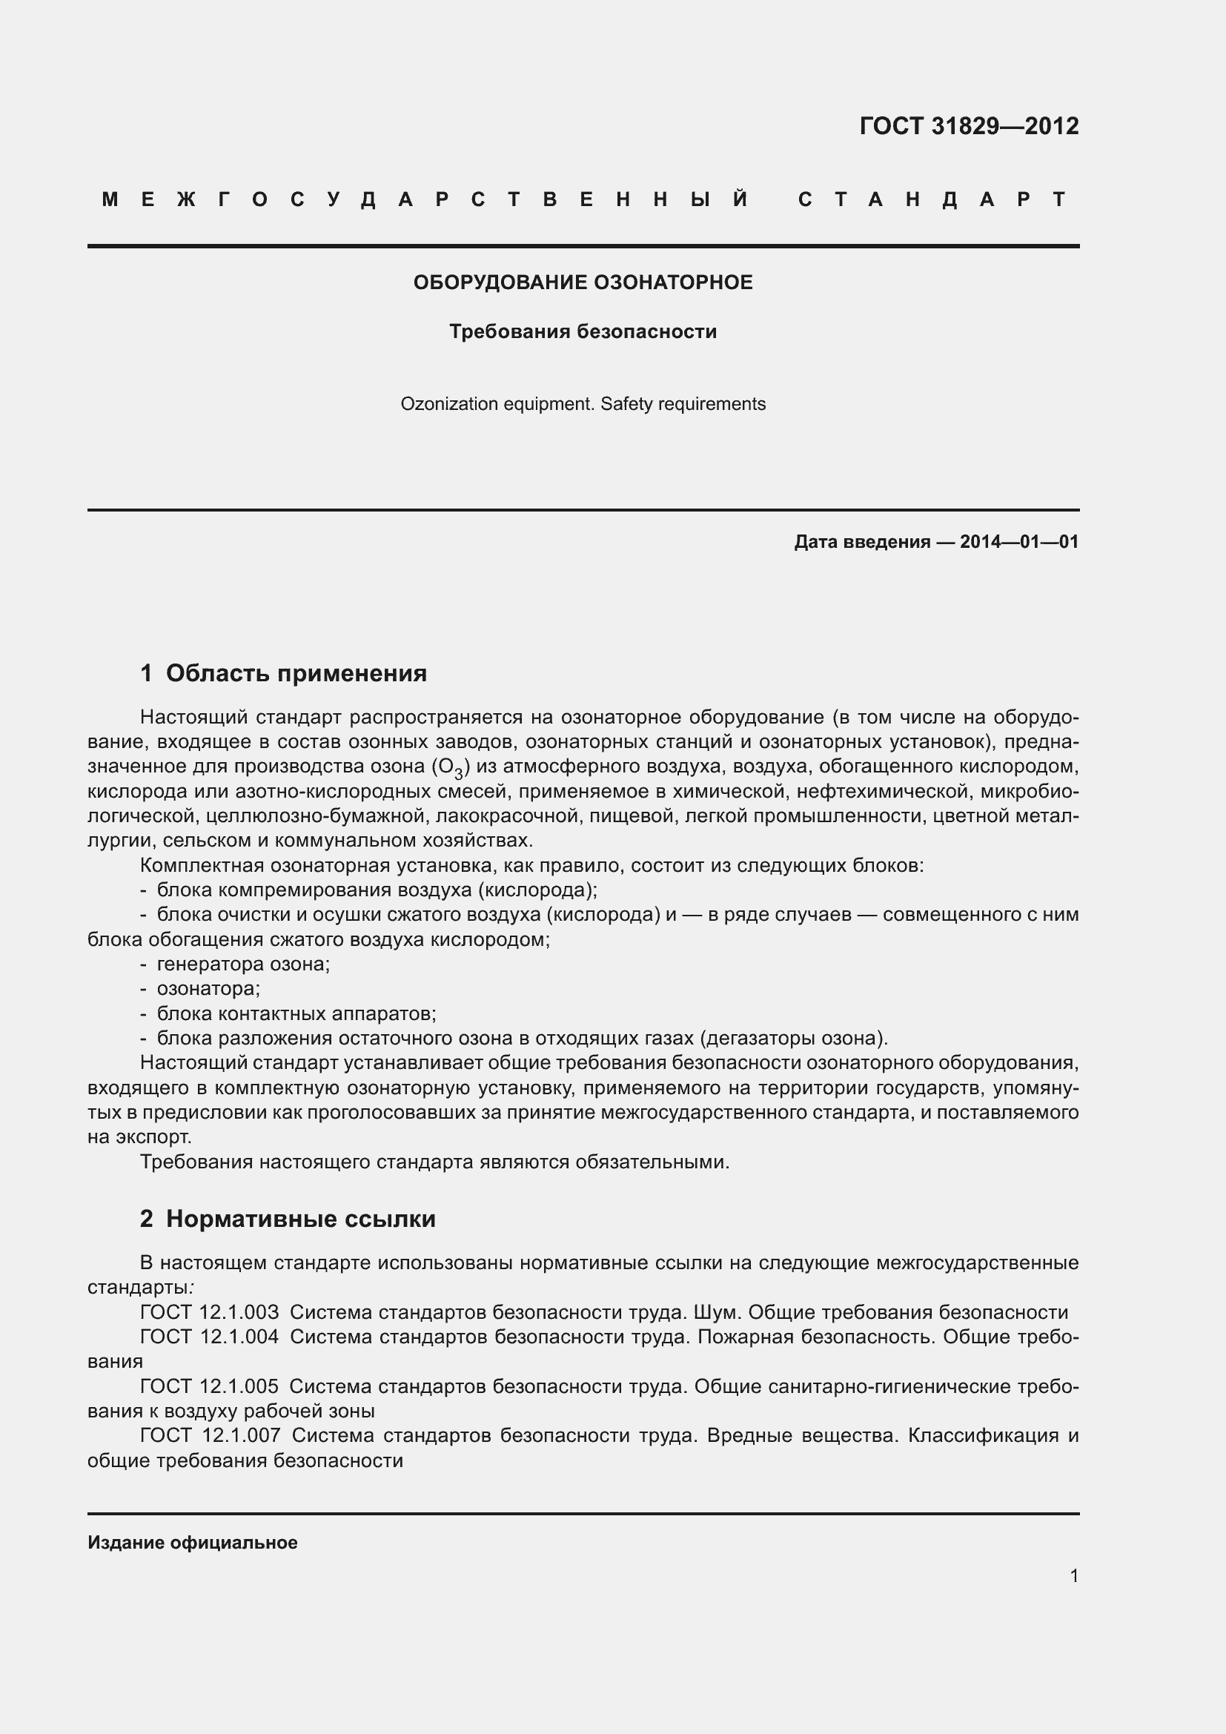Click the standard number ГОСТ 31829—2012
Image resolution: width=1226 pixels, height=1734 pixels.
click(969, 125)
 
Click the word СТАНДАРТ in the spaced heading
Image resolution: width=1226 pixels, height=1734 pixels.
click(933, 199)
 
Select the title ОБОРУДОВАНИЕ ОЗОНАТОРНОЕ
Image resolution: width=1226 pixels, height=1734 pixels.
click(583, 282)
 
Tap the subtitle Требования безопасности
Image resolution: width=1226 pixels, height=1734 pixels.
click(583, 331)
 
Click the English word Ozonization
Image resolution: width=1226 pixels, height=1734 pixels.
click(443, 404)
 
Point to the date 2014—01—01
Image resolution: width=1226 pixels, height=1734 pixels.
click(1018, 541)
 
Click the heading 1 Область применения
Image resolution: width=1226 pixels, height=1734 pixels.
click(284, 672)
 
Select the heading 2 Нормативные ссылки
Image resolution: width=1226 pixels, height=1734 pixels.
click(288, 1218)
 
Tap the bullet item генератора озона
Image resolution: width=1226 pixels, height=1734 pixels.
click(243, 964)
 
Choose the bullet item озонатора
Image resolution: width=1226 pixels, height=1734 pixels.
click(208, 989)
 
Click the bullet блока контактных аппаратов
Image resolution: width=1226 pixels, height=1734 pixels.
click(296, 1013)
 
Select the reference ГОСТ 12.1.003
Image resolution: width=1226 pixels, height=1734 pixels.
click(209, 1312)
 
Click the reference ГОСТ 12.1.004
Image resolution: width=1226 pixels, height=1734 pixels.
click(209, 1337)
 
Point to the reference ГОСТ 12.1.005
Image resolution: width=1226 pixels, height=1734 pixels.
click(209, 1386)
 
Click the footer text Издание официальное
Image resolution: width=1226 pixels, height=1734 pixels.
click(193, 1543)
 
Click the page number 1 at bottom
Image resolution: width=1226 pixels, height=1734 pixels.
click(1073, 1576)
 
